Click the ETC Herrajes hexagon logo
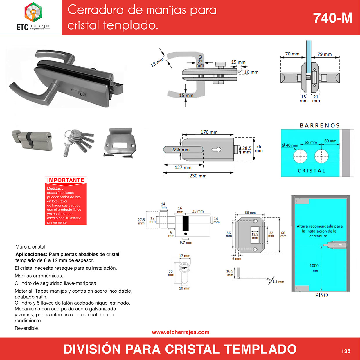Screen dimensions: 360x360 coord(33,12)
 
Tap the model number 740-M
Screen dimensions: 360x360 coord(333,18)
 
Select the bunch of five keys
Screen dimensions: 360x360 coord(79,143)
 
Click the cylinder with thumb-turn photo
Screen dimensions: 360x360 coord(32,141)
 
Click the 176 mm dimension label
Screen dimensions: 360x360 coord(209,132)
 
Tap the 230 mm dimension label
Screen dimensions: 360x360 coord(198,176)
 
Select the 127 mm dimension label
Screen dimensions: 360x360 coord(183,168)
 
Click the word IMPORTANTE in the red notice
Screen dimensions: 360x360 coord(66,180)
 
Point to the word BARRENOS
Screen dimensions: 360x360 coord(320,125)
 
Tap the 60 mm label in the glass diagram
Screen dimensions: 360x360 coord(330,141)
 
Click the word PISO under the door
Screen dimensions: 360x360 coord(321,295)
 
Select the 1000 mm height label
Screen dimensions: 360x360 coord(314,268)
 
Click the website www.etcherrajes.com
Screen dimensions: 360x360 coord(181,332)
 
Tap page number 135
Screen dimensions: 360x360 coord(345,351)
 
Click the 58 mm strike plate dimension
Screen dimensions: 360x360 coord(250,213)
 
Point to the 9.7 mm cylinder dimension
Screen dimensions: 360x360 coord(186,242)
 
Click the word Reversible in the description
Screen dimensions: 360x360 coord(27,328)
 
